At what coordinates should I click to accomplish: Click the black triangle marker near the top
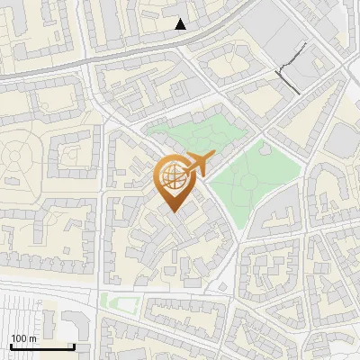[x=181, y=24]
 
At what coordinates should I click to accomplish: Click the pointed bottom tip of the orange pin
[x=174, y=211]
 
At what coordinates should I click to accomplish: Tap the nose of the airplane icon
[x=211, y=157]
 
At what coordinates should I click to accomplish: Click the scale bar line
[x=41, y=346]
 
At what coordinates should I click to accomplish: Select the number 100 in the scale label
[x=18, y=338]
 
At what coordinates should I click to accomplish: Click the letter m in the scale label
[x=31, y=338]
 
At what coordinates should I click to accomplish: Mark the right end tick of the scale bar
[x=74, y=346]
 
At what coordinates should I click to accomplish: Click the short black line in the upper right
[x=288, y=77]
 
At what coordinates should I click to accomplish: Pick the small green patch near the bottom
[x=109, y=300]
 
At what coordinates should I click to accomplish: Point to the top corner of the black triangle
[x=181, y=19]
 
